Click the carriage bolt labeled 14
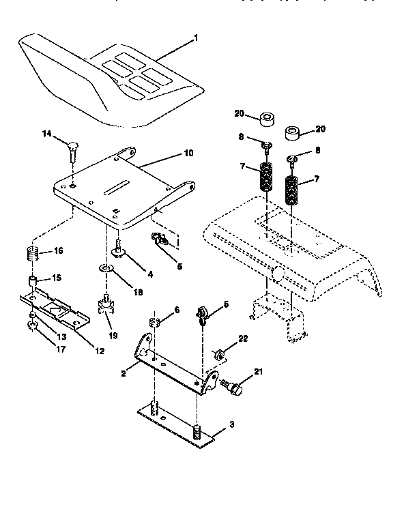[71, 149]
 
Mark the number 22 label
[244, 338]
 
